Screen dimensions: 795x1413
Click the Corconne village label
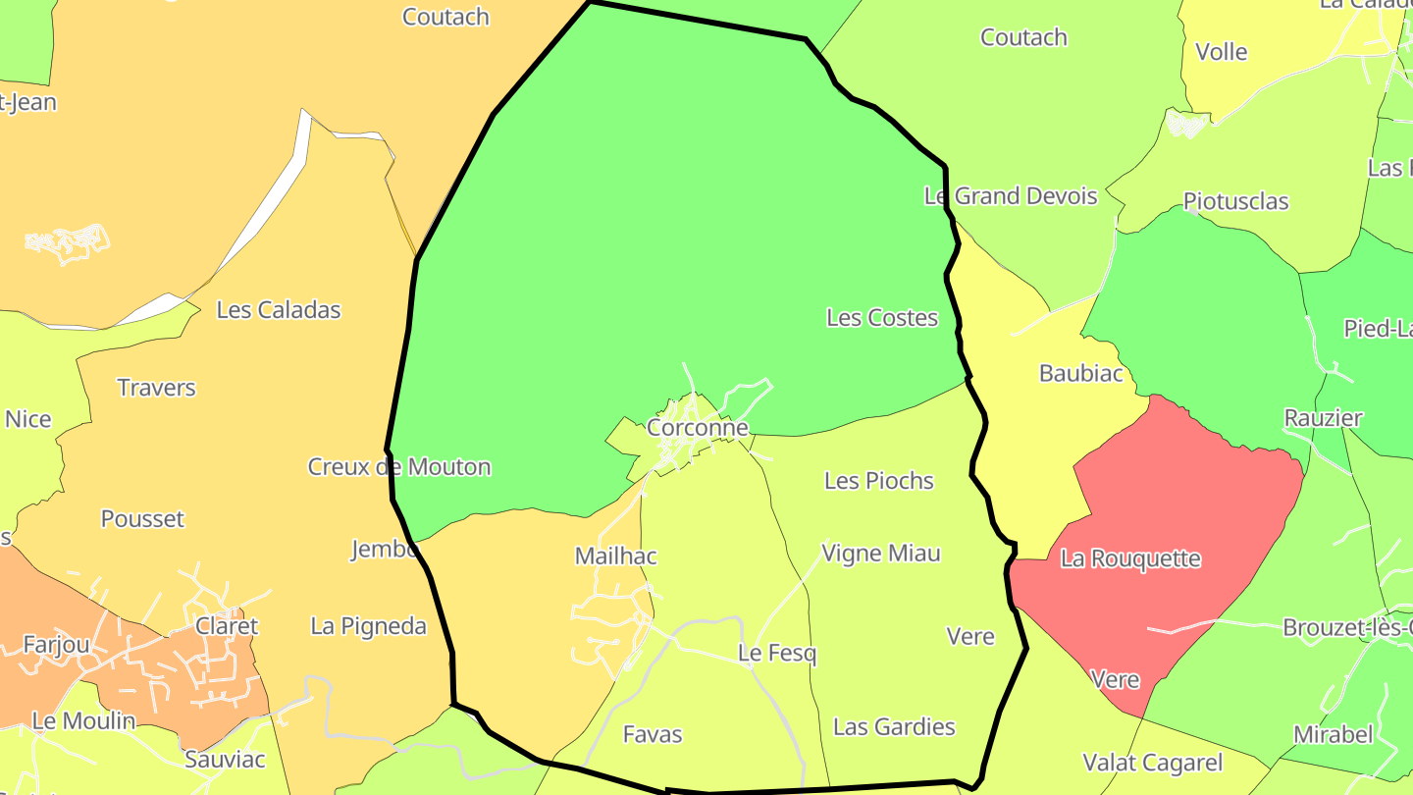click(697, 428)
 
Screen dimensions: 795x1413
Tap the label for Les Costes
click(881, 318)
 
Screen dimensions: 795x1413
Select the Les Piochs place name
click(878, 481)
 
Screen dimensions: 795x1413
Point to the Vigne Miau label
click(880, 554)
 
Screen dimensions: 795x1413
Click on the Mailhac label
click(615, 556)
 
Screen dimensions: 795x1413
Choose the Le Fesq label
click(776, 654)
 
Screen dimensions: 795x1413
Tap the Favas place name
click(652, 734)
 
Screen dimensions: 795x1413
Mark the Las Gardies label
click(893, 727)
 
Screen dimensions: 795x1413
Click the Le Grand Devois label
click(1010, 196)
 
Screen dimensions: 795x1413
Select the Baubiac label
click(1080, 374)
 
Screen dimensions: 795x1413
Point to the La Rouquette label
click(1130, 559)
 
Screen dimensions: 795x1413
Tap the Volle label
click(1222, 52)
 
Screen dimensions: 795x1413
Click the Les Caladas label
click(278, 310)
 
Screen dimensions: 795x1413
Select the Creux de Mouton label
click(398, 467)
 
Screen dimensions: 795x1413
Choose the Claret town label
click(227, 626)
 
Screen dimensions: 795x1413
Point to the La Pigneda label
click(368, 626)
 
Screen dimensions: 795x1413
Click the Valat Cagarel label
click(1152, 763)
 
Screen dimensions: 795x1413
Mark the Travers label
click(156, 388)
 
